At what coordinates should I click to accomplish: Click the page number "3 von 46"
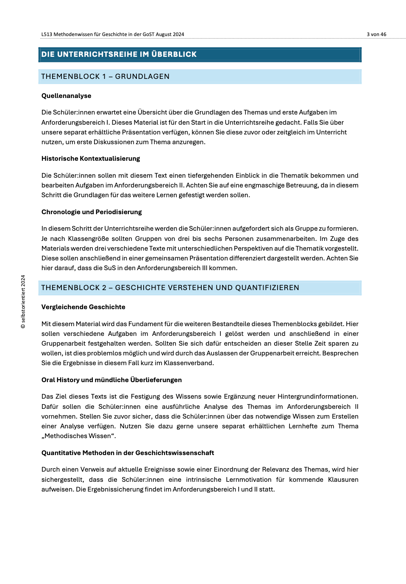(376, 34)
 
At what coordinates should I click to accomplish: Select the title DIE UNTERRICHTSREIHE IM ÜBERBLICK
(119, 54)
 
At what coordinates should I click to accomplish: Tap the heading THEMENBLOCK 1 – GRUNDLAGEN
(105, 76)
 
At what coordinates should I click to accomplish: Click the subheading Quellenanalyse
(66, 96)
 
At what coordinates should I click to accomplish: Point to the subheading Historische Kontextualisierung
(91, 159)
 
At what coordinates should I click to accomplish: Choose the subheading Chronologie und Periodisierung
(92, 212)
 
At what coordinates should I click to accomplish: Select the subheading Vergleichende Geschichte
(83, 307)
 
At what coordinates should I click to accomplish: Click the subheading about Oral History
(111, 380)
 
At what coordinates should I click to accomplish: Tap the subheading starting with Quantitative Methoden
(128, 453)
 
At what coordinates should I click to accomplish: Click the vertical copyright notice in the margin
(23, 302)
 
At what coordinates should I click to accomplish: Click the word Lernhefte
(303, 426)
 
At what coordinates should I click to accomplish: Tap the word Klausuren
(343, 480)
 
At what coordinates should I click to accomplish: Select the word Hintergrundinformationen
(317, 397)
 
